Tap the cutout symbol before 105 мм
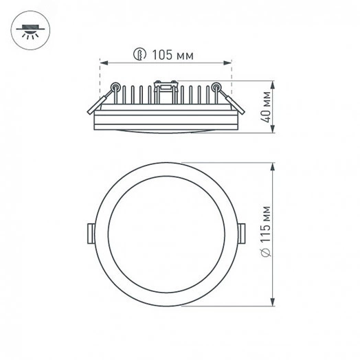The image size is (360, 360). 140,52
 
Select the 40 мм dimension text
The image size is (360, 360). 262,107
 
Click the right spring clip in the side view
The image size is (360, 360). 230,99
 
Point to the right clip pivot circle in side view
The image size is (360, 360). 217,87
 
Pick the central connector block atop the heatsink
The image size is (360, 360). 167,88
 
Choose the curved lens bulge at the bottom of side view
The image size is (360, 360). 167,131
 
